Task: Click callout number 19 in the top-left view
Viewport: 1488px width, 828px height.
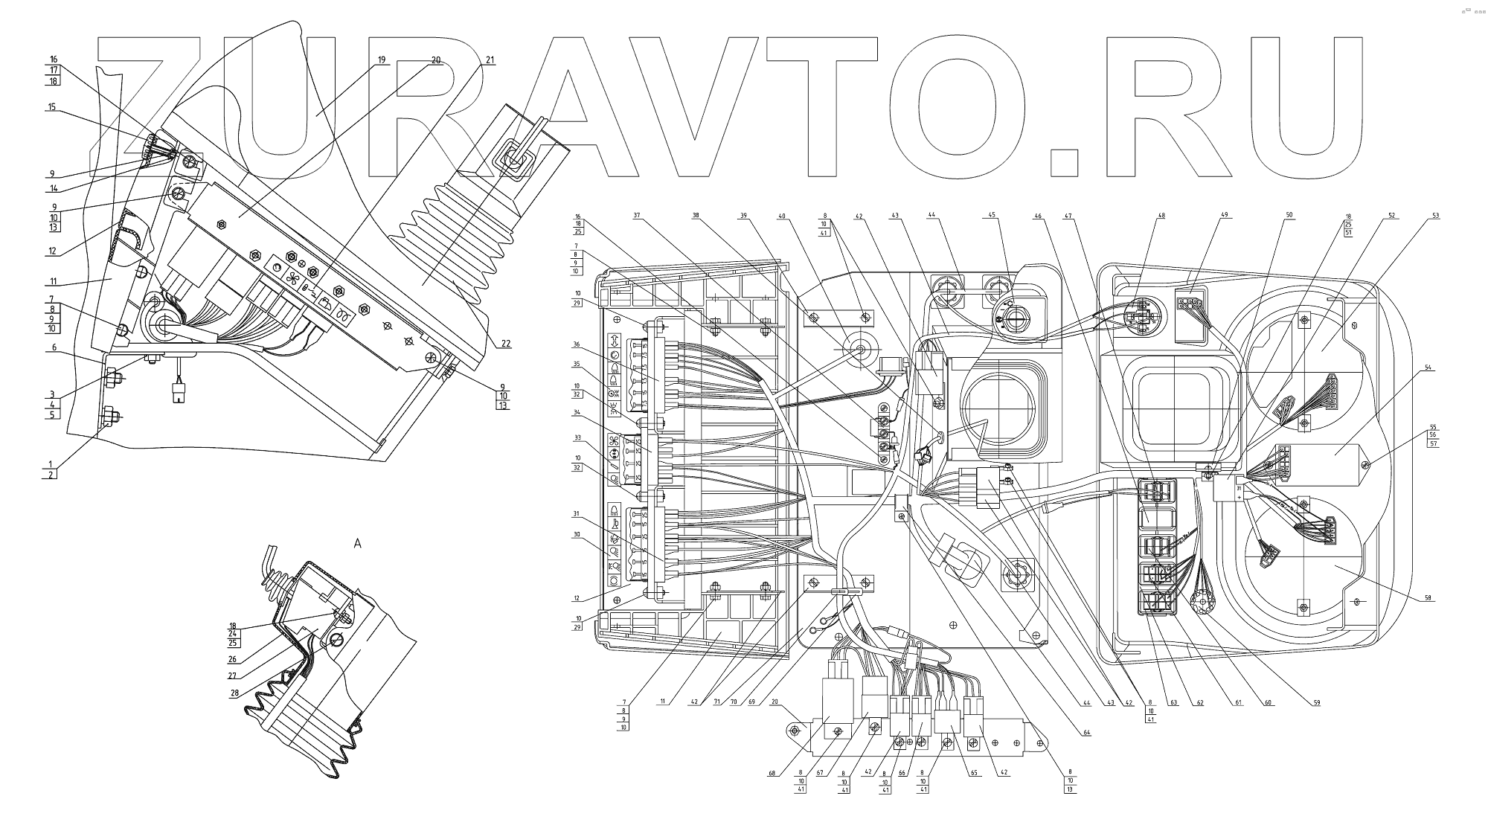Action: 382,60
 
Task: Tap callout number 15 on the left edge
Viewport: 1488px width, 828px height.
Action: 51,107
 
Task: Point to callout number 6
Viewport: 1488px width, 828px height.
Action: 54,347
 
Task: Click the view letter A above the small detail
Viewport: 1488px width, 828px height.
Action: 357,544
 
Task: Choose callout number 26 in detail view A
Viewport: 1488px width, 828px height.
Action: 233,658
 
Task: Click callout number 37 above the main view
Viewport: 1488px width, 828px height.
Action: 637,216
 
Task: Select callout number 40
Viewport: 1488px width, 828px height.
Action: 782,216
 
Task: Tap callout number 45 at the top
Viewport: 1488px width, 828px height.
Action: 991,216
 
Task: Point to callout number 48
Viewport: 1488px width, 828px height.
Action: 1161,216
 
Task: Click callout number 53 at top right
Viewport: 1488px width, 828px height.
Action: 1435,216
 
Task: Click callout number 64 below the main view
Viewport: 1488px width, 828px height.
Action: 1087,733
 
